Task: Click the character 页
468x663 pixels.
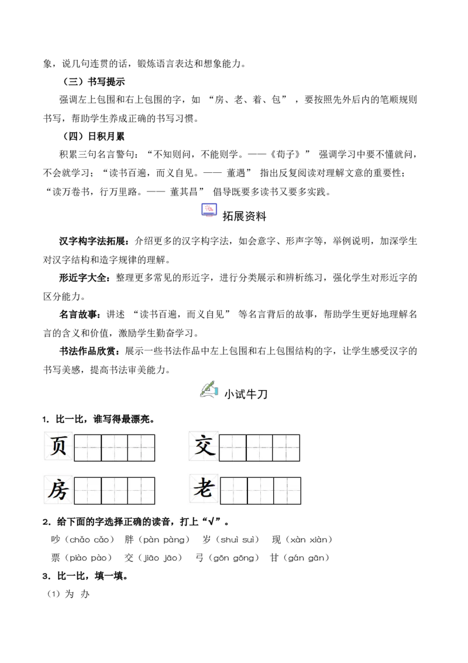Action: [x=58, y=446]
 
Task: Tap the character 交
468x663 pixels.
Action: [x=204, y=446]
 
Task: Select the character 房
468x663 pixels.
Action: [x=58, y=490]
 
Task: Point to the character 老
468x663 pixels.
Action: [x=204, y=488]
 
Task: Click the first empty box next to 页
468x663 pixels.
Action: [x=88, y=448]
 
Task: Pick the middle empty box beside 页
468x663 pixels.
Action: [x=115, y=448]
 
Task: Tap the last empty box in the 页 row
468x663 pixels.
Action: [x=141, y=448]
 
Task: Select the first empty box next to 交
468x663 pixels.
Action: [x=233, y=448]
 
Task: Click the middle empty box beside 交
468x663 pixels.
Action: [x=260, y=448]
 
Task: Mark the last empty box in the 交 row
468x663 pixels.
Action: [x=286, y=448]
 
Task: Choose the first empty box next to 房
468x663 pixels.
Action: [x=88, y=491]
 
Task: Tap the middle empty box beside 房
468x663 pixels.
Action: [x=115, y=491]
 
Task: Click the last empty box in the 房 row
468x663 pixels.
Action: [x=141, y=491]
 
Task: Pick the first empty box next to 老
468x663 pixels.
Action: [x=234, y=491]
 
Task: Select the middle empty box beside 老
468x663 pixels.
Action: [x=261, y=491]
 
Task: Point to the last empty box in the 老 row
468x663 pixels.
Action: [x=287, y=491]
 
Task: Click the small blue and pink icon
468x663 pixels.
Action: [x=210, y=211]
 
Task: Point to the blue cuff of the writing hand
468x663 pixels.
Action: [x=216, y=390]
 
